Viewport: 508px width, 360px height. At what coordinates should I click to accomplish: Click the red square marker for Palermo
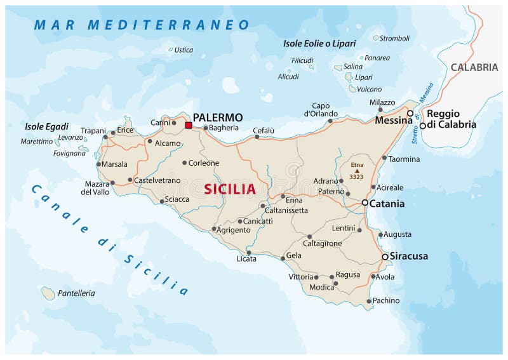(x=188, y=125)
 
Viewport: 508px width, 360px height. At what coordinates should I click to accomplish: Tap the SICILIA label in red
(x=230, y=189)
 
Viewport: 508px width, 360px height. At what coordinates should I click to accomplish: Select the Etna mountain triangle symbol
(x=357, y=171)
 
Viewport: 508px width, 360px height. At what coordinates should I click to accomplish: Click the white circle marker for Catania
(x=365, y=203)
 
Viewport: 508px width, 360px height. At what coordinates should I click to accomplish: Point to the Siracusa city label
(x=409, y=257)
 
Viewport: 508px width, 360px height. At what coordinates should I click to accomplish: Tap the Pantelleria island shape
(x=48, y=293)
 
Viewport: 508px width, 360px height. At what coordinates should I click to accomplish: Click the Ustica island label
(x=184, y=50)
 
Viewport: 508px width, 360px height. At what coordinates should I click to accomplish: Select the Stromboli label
(x=394, y=38)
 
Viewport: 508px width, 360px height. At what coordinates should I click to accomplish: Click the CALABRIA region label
(x=474, y=67)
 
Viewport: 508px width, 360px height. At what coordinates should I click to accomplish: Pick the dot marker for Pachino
(x=369, y=301)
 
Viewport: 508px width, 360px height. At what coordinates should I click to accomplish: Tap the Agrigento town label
(x=234, y=230)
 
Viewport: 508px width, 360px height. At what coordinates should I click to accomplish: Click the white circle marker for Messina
(x=410, y=114)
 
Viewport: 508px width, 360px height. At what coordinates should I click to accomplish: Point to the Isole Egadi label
(x=46, y=126)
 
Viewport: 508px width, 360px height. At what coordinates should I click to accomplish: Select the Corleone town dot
(x=185, y=163)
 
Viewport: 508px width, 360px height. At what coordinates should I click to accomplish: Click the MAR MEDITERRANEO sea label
(x=142, y=25)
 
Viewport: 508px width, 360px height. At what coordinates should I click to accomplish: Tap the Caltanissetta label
(x=286, y=210)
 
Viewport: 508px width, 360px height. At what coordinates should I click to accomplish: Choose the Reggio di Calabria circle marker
(x=422, y=126)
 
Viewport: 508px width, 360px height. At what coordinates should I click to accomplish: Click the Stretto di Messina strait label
(x=422, y=114)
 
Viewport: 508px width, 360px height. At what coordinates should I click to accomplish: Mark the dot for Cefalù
(x=257, y=137)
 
